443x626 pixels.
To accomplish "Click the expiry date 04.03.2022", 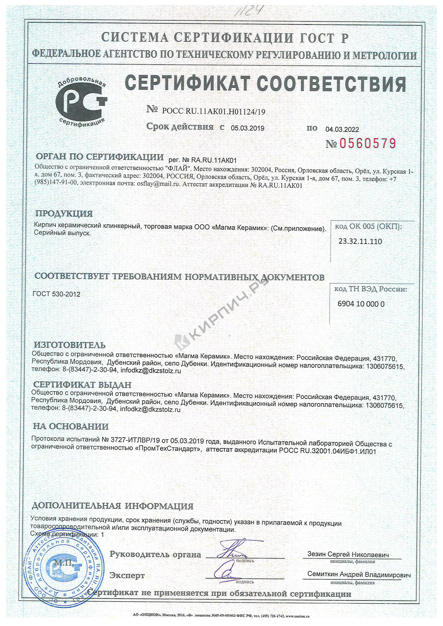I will tap(342, 130).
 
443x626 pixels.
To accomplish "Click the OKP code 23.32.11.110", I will tap(360, 241).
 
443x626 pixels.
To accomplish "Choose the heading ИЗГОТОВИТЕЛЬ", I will tap(69, 345).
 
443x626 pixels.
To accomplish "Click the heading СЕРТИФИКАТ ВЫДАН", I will tap(82, 385).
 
